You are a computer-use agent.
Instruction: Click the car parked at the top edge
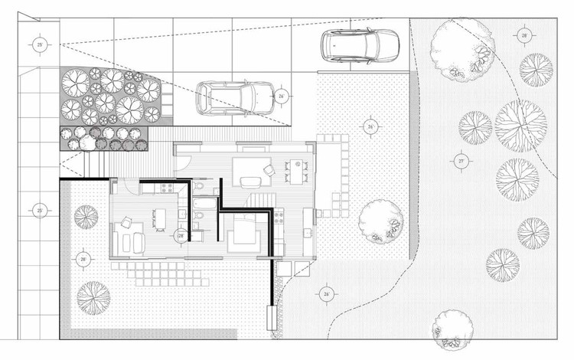(x=360, y=46)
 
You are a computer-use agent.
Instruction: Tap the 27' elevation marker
(x=461, y=162)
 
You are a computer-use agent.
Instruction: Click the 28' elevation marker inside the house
(x=180, y=235)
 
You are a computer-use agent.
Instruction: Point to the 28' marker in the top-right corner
(x=525, y=36)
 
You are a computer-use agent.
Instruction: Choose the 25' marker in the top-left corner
(x=40, y=46)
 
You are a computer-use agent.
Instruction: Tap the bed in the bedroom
(x=245, y=232)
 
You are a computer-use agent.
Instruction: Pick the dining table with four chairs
(x=294, y=171)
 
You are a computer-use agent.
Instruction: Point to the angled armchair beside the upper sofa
(x=269, y=169)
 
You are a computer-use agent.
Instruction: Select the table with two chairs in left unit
(x=159, y=218)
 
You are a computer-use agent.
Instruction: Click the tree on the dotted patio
(x=379, y=221)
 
